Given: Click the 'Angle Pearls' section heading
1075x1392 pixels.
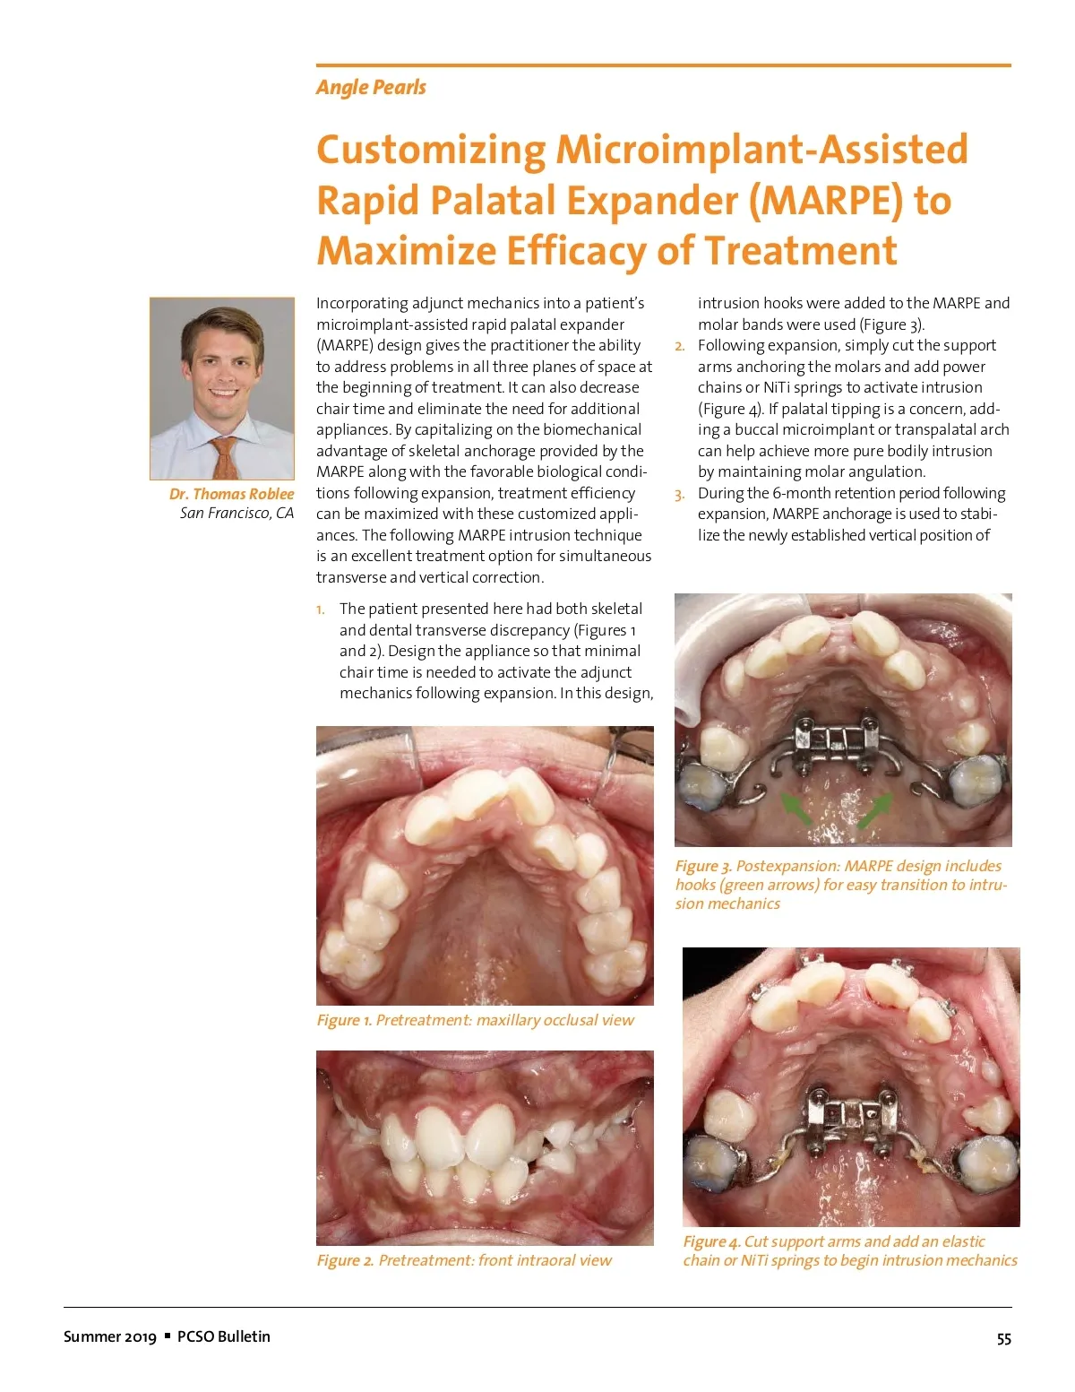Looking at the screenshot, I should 371,88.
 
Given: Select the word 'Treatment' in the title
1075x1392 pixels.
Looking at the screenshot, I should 800,251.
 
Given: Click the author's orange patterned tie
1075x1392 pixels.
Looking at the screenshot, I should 225,457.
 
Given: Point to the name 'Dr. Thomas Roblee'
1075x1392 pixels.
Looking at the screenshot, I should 231,494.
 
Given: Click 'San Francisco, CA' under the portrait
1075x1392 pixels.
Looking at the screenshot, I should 236,514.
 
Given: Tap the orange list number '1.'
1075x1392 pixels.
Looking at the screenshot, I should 321,610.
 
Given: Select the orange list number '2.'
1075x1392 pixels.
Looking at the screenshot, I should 680,347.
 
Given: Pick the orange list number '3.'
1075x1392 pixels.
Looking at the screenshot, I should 680,495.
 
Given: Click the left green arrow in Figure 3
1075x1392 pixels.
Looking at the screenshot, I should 795,808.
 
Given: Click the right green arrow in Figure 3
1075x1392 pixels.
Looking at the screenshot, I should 875,809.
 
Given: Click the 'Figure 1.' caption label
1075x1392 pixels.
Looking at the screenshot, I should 344,1021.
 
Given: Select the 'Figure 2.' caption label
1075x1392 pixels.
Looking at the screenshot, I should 345,1261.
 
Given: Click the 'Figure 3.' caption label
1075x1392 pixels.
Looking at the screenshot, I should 703,867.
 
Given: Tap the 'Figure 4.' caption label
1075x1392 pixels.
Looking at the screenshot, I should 711,1242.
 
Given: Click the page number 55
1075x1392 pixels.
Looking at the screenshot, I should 1003,1339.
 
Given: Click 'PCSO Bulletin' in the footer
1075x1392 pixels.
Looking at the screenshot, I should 223,1336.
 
